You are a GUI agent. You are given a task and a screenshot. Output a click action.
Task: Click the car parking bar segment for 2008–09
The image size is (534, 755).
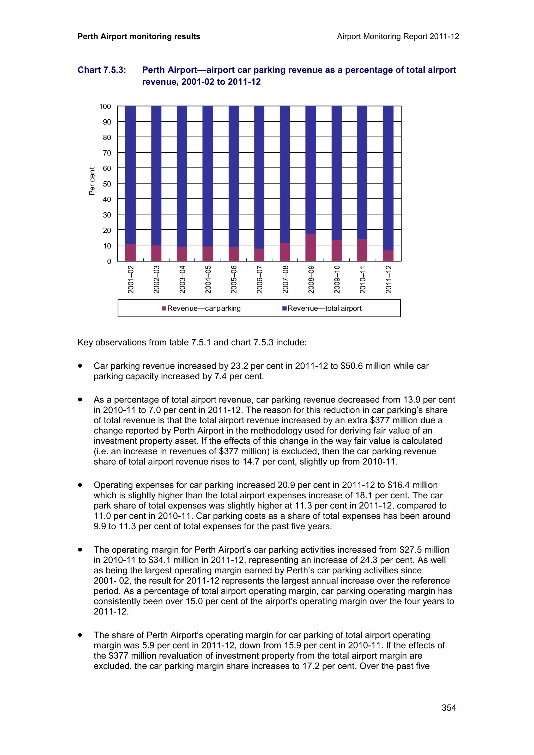(x=311, y=247)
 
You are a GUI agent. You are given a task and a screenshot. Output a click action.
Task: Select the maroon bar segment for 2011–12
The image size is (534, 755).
(x=388, y=256)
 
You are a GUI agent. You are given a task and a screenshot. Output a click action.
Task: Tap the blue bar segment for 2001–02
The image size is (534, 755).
(x=130, y=174)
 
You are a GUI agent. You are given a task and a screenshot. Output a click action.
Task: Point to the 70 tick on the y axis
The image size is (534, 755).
(x=107, y=153)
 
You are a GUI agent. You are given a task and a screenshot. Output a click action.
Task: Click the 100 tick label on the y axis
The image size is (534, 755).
(x=105, y=107)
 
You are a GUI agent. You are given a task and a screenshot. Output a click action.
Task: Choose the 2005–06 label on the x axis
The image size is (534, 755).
(x=234, y=280)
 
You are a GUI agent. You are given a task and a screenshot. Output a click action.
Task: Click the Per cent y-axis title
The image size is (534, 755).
(x=92, y=181)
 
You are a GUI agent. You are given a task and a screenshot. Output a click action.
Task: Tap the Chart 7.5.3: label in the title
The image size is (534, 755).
(x=102, y=70)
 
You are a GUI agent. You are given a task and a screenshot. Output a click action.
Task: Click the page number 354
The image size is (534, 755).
(x=449, y=708)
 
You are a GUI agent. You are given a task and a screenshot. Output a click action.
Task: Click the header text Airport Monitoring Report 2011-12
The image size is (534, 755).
(x=398, y=36)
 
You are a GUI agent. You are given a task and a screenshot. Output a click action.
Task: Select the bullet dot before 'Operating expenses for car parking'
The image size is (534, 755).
(x=80, y=485)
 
